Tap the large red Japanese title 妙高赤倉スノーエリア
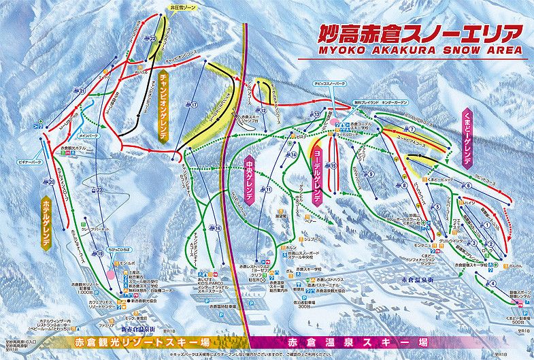tap(413, 33)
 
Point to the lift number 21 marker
tap(82, 91)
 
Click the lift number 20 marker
tap(51, 182)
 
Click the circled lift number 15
tap(333, 165)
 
